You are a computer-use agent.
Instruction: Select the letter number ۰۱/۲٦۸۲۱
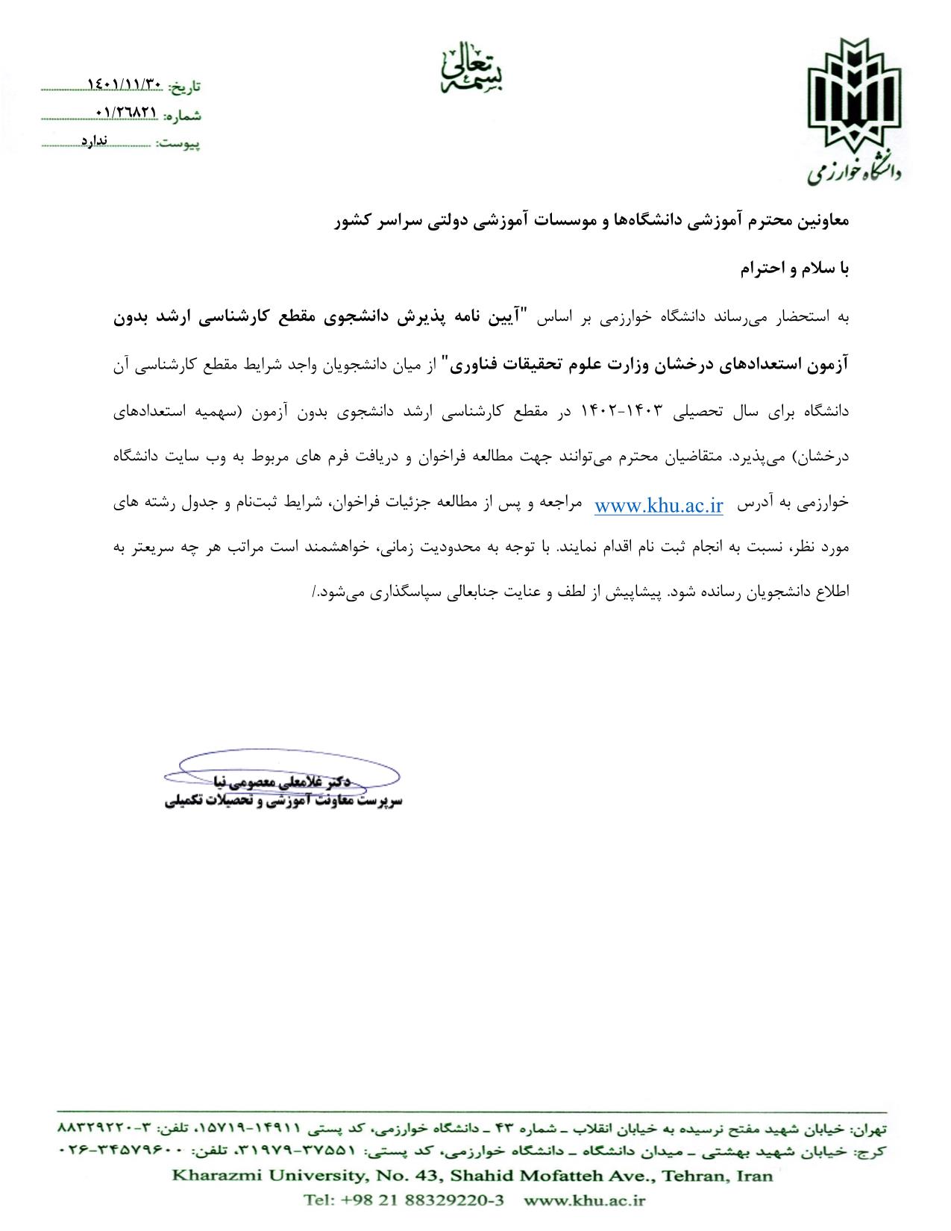tap(127, 112)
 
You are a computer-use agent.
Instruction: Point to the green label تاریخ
tap(184, 87)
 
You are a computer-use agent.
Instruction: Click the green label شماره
tap(183, 116)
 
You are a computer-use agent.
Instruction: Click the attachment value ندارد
tap(95, 140)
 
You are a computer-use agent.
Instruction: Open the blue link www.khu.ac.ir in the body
tap(659, 506)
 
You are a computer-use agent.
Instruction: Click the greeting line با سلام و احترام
tap(795, 270)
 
